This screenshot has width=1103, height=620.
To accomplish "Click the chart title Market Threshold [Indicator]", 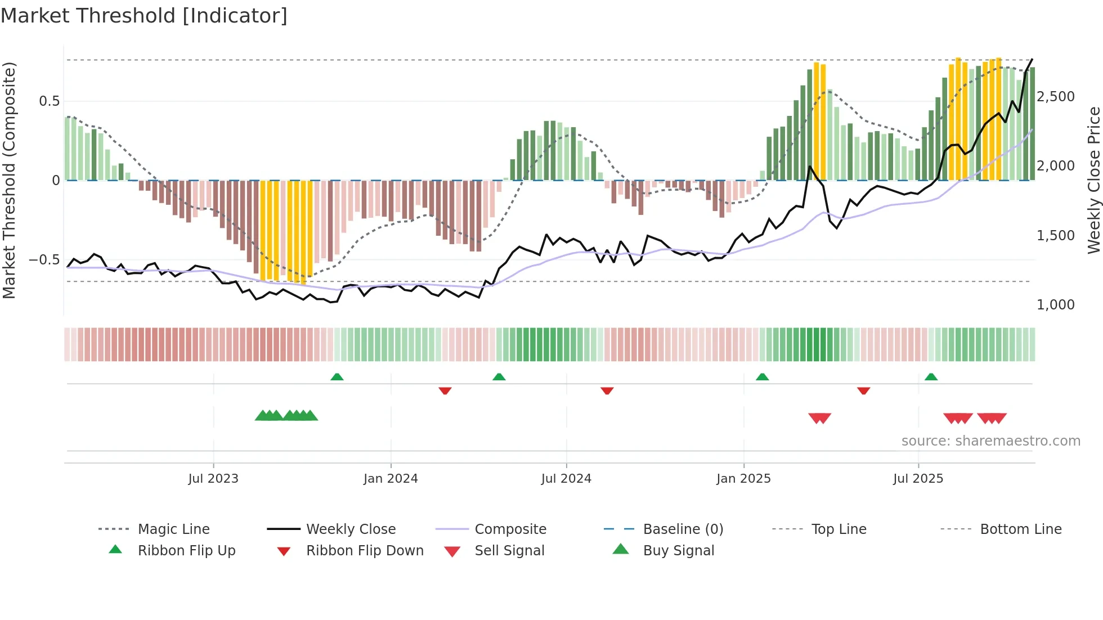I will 144,16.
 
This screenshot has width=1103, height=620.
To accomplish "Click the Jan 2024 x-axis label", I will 391,478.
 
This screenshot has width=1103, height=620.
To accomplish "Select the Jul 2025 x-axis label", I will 918,478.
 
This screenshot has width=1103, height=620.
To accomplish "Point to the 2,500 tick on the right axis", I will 1055,96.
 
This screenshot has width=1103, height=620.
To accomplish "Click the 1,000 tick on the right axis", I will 1055,304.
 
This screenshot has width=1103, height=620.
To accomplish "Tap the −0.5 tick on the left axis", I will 44,259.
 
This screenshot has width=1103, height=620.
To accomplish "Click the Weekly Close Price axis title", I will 1093,180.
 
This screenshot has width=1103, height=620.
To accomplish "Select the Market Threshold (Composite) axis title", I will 9,180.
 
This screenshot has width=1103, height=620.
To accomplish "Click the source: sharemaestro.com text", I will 990,441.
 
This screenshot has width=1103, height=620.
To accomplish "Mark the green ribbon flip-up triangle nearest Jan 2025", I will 762,377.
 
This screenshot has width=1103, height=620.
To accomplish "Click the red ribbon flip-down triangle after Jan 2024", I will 445,390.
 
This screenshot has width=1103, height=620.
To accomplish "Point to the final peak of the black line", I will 1032,60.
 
